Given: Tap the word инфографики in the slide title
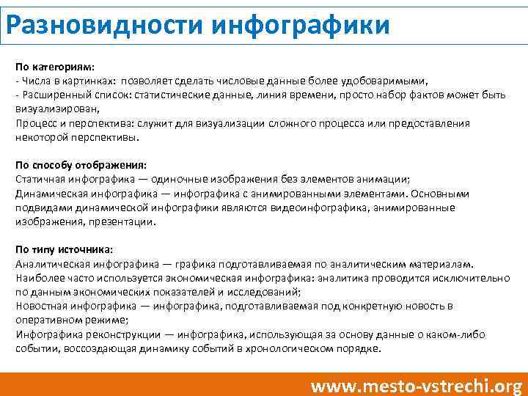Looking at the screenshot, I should coord(301,25).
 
